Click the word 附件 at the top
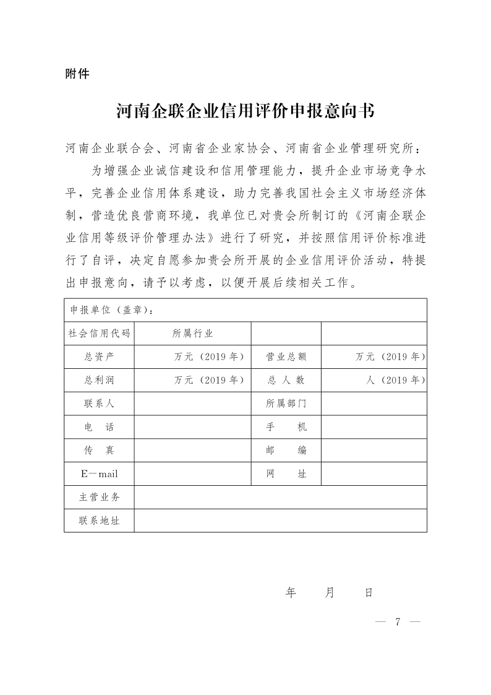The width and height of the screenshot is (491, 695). pyautogui.click(x=77, y=74)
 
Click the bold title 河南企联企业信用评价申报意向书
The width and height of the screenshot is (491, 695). pyautogui.click(x=246, y=111)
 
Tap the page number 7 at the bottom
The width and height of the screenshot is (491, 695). pyautogui.click(x=398, y=621)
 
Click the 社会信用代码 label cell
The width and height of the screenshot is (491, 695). pyautogui.click(x=100, y=334)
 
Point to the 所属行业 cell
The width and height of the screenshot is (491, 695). pyautogui.click(x=192, y=334)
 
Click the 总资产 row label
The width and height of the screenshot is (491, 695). pyautogui.click(x=100, y=357)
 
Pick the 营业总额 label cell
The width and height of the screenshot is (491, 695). pyautogui.click(x=286, y=357)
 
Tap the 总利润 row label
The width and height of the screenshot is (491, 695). pyautogui.click(x=100, y=380)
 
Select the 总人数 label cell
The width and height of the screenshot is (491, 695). pyautogui.click(x=286, y=380)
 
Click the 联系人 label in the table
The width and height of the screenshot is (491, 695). pyautogui.click(x=100, y=404)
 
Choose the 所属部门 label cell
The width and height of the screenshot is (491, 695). pyautogui.click(x=286, y=404)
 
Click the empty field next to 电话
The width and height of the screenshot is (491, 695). pyautogui.click(x=192, y=427)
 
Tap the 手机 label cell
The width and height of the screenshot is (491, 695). pyautogui.click(x=286, y=427)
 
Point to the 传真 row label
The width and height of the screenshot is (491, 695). pyautogui.click(x=100, y=451)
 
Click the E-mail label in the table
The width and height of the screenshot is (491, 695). pyautogui.click(x=100, y=474)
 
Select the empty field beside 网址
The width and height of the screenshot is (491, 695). pyautogui.click(x=374, y=474)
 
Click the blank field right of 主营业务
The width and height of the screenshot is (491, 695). pyautogui.click(x=280, y=497)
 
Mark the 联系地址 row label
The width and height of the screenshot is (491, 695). pyautogui.click(x=100, y=520)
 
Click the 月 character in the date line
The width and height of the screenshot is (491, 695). pyautogui.click(x=329, y=593)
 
